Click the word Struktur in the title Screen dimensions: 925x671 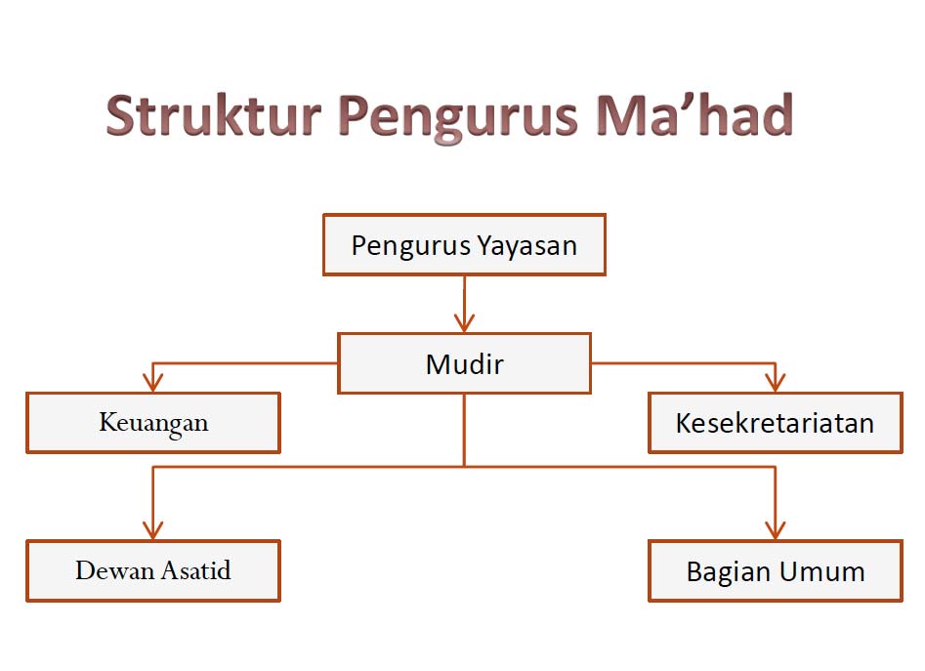(x=214, y=115)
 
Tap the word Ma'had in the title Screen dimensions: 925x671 (x=694, y=114)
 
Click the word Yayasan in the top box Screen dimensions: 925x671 (x=526, y=246)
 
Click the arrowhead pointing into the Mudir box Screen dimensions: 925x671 (x=464, y=323)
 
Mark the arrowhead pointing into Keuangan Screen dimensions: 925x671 (x=152, y=383)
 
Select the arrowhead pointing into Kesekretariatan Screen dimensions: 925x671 (x=776, y=383)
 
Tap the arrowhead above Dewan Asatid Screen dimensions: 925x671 (x=152, y=530)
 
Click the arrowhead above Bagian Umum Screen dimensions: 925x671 (x=776, y=530)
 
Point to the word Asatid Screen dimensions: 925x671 (x=196, y=570)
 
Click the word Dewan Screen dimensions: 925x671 (x=115, y=570)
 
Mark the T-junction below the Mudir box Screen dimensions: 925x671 (x=464, y=467)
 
